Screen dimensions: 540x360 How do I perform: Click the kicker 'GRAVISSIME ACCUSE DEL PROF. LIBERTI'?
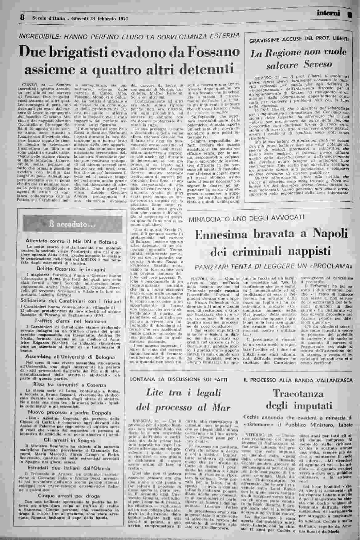pos(299,40)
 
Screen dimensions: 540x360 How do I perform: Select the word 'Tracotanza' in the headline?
pos(297,393)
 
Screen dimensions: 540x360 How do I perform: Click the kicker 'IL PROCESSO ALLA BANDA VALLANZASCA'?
pos(298,380)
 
